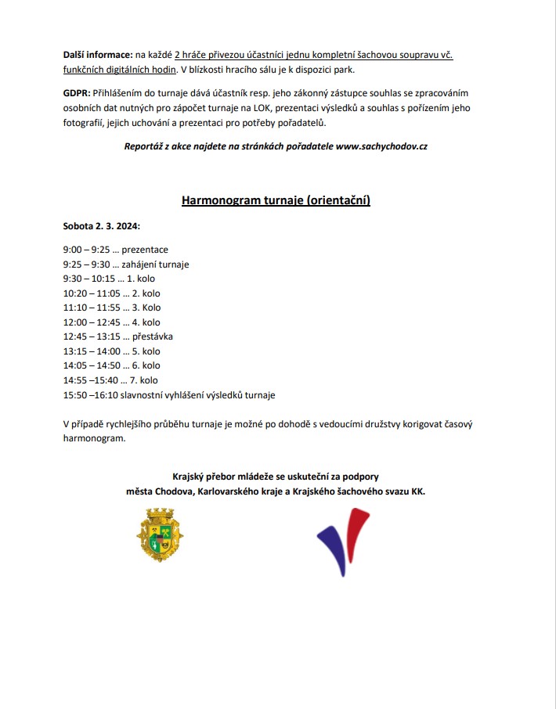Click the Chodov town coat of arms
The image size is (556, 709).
click(160, 535)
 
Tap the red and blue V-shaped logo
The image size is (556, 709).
click(342, 541)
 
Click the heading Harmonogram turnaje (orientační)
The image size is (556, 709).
click(276, 200)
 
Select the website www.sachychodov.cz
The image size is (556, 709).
click(381, 146)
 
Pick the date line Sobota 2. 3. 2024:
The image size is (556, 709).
click(102, 226)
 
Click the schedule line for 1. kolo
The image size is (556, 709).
click(110, 279)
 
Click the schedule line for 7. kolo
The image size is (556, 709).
click(110, 380)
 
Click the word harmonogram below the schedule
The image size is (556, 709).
click(94, 439)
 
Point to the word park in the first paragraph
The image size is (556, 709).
click(345, 70)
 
